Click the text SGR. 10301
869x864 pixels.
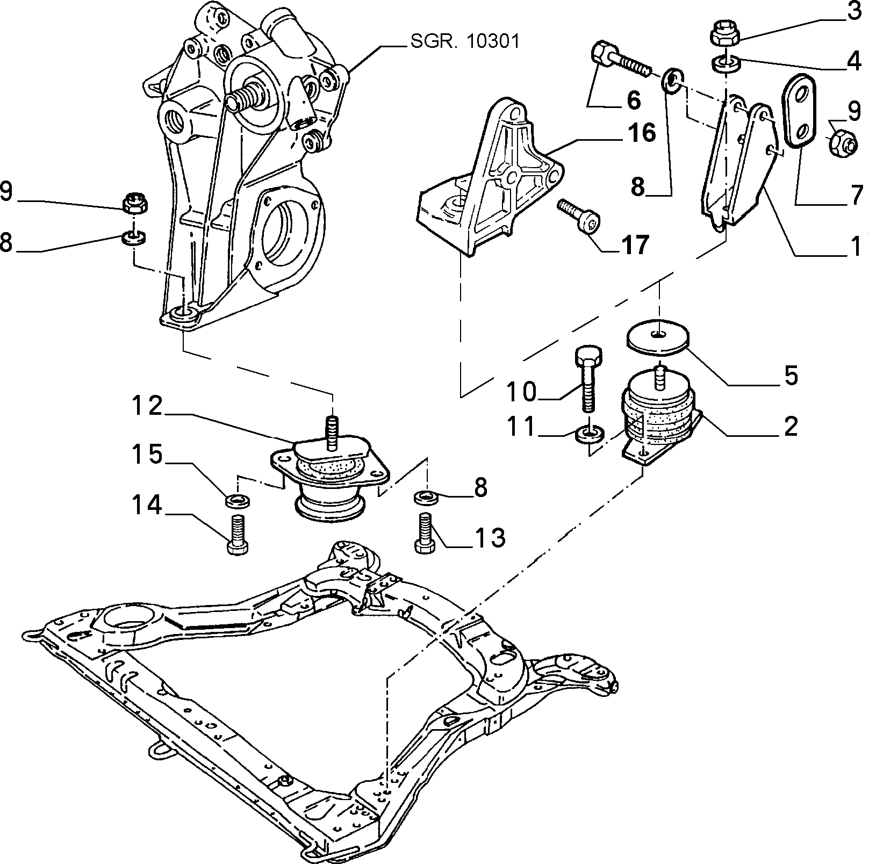[465, 41]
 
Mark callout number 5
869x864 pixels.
[791, 376]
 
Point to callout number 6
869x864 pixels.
[634, 100]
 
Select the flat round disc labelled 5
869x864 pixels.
[657, 337]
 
